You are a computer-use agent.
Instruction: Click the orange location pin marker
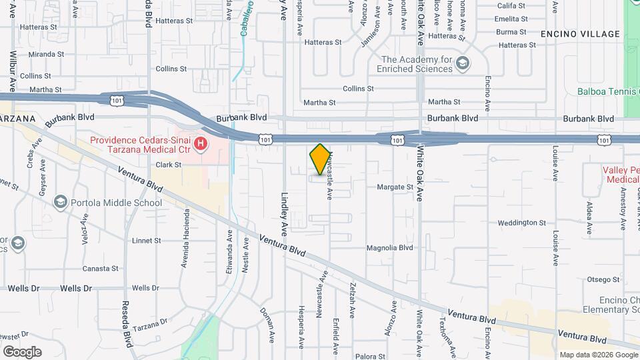click(321, 159)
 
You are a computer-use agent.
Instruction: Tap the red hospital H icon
click(199, 143)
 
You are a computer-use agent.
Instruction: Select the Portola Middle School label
click(117, 203)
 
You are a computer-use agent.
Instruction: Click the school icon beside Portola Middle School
click(61, 202)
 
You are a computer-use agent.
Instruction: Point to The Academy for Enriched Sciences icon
click(463, 63)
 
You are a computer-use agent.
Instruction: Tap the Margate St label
click(395, 187)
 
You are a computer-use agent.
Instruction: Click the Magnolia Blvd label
click(390, 247)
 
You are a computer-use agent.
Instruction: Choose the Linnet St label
click(147, 240)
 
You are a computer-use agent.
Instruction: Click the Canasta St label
click(100, 269)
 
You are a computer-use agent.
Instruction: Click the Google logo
click(22, 351)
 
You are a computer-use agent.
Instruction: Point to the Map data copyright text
click(598, 355)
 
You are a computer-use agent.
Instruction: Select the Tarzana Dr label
click(149, 323)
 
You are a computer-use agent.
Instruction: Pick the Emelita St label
click(512, 19)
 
